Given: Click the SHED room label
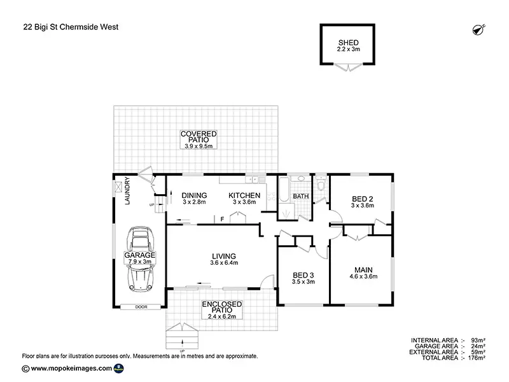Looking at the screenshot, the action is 348,43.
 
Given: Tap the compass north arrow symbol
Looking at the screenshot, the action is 478,29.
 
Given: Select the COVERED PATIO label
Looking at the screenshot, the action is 199,137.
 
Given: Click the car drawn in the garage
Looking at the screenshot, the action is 140,259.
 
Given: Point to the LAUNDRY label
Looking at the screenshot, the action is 127,190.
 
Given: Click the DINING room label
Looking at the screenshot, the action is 194,195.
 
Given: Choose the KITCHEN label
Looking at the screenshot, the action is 244,195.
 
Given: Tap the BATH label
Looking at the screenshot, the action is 301,196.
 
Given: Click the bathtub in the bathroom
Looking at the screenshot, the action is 284,190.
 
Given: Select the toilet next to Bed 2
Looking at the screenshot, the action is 321,183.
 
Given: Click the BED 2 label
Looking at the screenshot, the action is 363,199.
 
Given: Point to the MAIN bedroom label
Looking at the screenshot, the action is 363,270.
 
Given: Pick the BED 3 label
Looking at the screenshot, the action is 303,275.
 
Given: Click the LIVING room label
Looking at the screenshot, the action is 224,257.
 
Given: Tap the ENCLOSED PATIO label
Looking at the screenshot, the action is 222,307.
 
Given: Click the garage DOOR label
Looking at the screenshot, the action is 141,307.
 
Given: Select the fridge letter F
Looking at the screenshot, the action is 222,219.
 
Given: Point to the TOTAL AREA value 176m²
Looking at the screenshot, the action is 477,358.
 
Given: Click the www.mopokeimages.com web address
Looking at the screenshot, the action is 71,369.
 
